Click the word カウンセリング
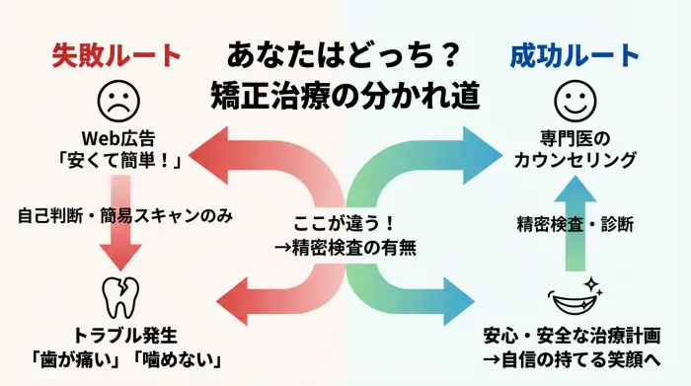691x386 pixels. coord(574,159)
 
